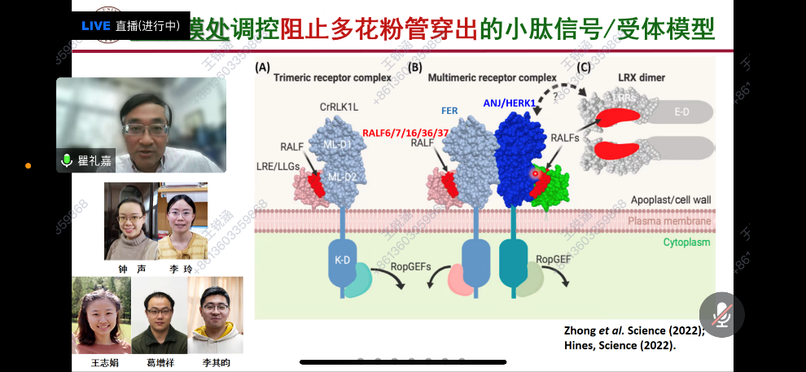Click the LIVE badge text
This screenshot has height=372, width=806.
(x=95, y=25)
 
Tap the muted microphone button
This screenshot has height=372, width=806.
(x=721, y=314)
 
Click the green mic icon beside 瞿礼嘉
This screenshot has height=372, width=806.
(x=67, y=160)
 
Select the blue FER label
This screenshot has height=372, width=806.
(x=449, y=110)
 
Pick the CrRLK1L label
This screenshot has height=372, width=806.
(x=329, y=107)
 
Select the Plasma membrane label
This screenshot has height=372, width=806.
(x=669, y=221)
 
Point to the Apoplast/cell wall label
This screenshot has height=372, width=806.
(x=671, y=200)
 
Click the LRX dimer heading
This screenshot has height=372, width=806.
(x=642, y=77)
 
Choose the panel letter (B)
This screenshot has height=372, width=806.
(x=415, y=68)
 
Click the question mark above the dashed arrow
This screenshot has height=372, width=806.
(x=555, y=95)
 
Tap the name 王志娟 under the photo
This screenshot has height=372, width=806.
(x=100, y=362)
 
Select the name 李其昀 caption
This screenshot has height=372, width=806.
(x=215, y=362)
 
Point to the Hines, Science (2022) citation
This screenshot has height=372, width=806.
(x=620, y=345)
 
